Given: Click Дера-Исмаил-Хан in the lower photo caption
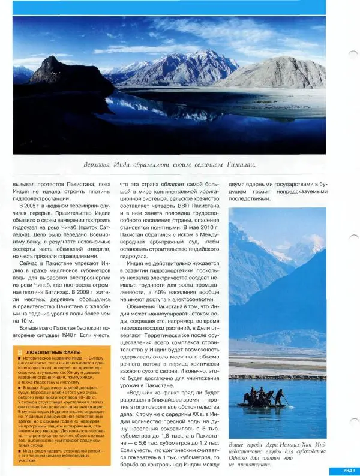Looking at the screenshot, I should pyautogui.click(x=283, y=444).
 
